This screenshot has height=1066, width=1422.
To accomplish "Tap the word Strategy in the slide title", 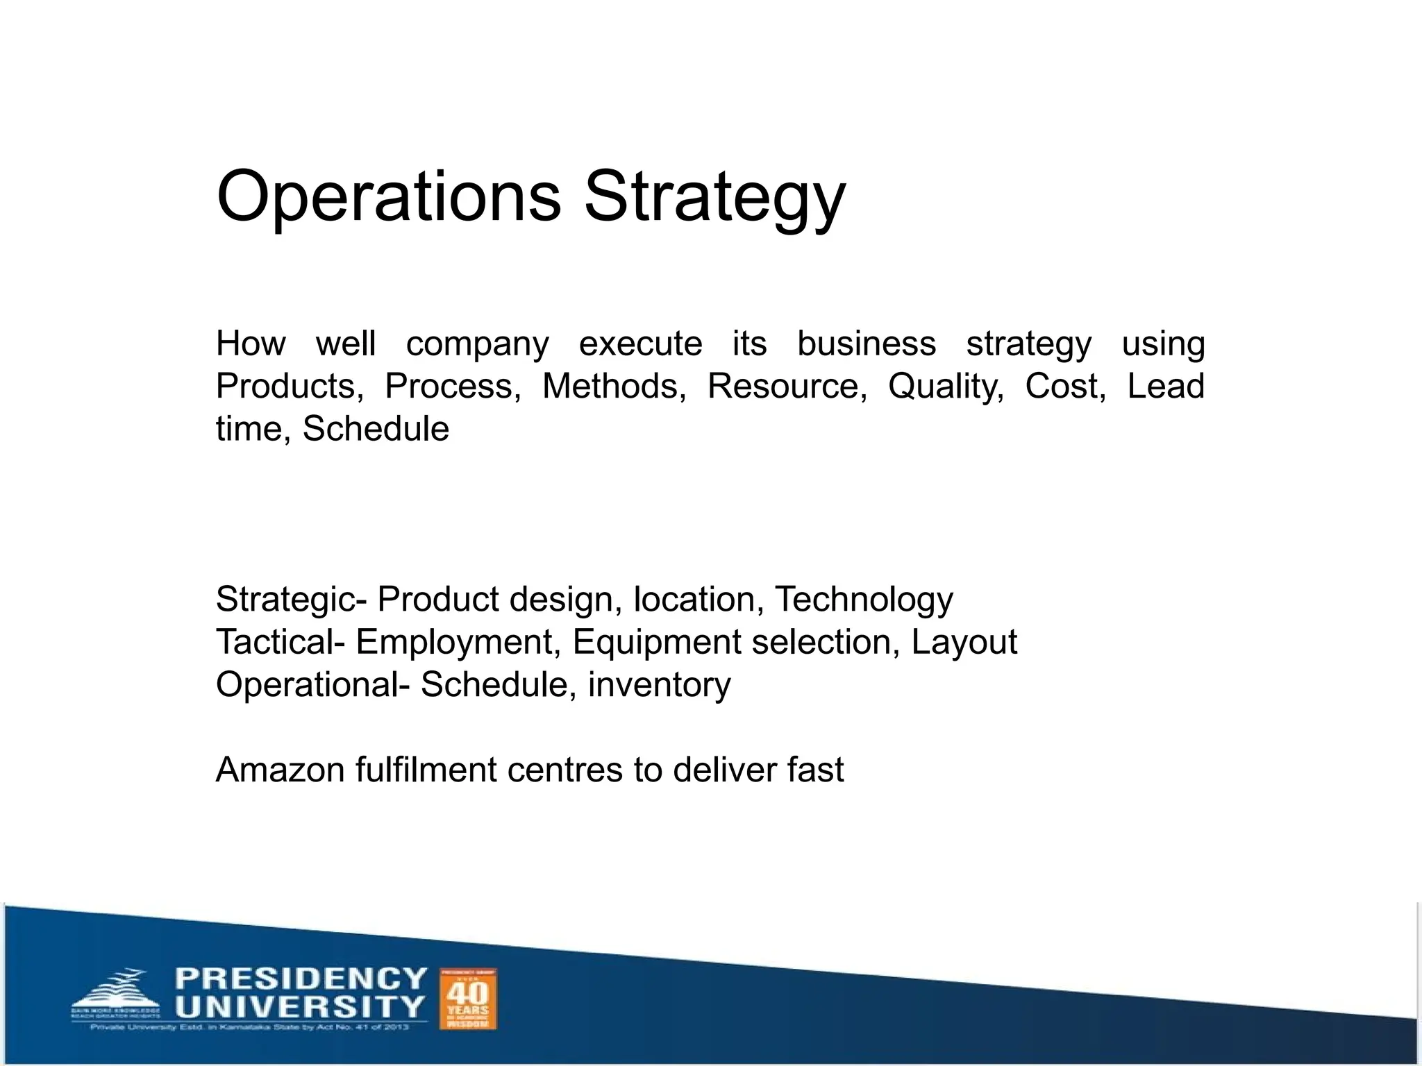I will [714, 198].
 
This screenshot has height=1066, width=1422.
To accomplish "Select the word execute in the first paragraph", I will [640, 344].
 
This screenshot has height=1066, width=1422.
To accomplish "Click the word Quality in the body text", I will [946, 387].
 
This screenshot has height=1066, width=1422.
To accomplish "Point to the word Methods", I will [614, 387].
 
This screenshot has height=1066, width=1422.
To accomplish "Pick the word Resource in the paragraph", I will [787, 387].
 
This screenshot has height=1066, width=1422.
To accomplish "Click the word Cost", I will [1065, 387].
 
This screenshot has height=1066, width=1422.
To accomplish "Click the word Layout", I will [964, 643].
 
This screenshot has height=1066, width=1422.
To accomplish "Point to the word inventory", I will [659, 685].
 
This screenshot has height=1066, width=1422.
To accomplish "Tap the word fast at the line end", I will [815, 770].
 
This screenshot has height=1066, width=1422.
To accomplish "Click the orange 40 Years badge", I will [468, 999].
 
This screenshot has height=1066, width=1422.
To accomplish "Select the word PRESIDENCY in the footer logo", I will [301, 979].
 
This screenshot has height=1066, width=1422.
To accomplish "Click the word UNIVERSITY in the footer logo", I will [299, 1006].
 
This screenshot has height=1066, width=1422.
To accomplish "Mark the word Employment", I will [458, 643].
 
